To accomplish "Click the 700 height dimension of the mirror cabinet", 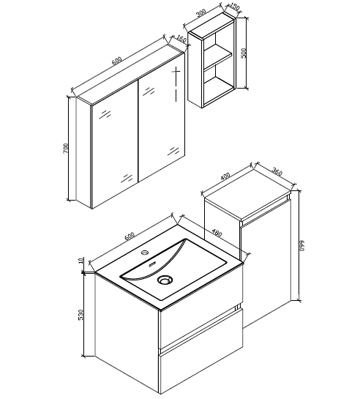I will point(66,149).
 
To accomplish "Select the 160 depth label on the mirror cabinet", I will point(181,40).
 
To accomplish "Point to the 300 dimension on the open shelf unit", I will point(201,14).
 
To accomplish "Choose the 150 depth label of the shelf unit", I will point(233,7).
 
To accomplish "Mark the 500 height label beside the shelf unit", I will point(244,53).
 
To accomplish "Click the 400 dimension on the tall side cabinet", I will point(225,176).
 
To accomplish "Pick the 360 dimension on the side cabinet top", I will point(277,172).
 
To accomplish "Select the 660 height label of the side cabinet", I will point(300,245).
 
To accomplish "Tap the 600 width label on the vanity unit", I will point(130,236).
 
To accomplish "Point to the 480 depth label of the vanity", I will point(216,233).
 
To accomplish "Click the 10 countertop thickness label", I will point(81,261).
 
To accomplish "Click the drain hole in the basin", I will point(165,280).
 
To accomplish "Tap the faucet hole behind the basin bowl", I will point(145,253).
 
